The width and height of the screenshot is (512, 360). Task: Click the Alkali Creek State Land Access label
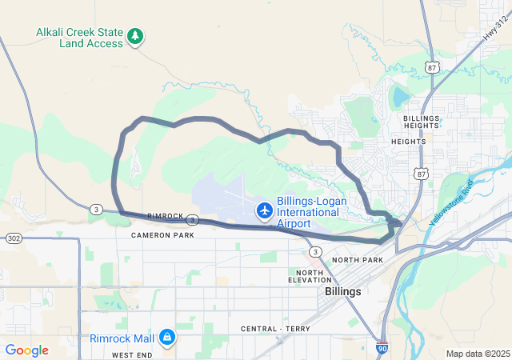[x=79, y=38]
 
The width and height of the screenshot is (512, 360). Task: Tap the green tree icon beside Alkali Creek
[x=136, y=35]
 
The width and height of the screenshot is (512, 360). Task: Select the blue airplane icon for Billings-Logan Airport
[x=264, y=210]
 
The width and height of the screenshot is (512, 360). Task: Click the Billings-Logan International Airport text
[x=311, y=213]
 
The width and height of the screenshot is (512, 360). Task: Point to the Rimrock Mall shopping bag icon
[x=166, y=338]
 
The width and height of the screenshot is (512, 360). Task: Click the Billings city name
[x=342, y=292]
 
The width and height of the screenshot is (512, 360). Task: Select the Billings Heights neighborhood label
[x=422, y=122]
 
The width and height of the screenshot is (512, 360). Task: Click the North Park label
[x=358, y=260]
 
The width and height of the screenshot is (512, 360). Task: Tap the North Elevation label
[x=310, y=276]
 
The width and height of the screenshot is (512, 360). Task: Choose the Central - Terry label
[x=274, y=329]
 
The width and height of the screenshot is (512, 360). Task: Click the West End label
[x=132, y=354]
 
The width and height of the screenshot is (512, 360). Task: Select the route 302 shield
[x=14, y=238]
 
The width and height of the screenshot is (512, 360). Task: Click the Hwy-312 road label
[x=495, y=28]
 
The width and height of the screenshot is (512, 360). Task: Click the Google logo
[x=26, y=350]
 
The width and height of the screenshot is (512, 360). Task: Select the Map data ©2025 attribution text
[x=477, y=354]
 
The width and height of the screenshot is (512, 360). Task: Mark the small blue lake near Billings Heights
[x=398, y=98]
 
